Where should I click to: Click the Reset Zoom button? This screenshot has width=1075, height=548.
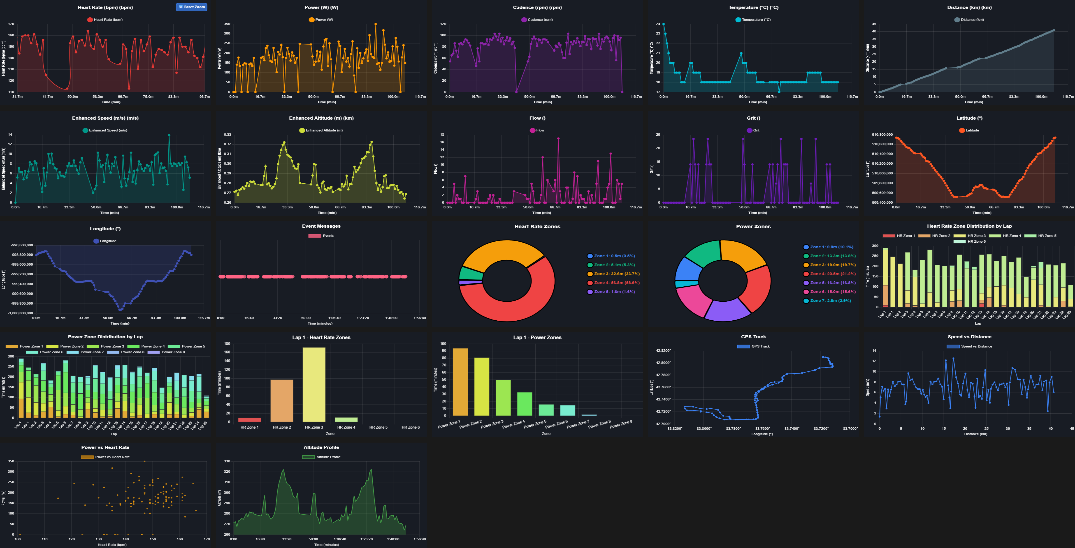pos(192,7)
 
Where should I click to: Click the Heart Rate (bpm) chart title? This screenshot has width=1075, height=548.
pos(105,8)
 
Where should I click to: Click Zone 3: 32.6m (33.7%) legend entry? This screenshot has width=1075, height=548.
pos(616,274)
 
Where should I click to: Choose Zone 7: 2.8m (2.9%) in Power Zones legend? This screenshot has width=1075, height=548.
pos(830,301)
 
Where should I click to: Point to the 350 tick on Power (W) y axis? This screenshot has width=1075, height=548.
pos(227,24)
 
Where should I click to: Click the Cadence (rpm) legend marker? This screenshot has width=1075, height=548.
pos(524,19)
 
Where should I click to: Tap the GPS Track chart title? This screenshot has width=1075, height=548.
pos(753,337)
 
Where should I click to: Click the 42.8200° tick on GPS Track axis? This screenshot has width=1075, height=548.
pos(663,351)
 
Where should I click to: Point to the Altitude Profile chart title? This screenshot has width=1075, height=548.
pos(321,447)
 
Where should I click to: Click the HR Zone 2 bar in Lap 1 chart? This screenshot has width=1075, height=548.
pos(282,401)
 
